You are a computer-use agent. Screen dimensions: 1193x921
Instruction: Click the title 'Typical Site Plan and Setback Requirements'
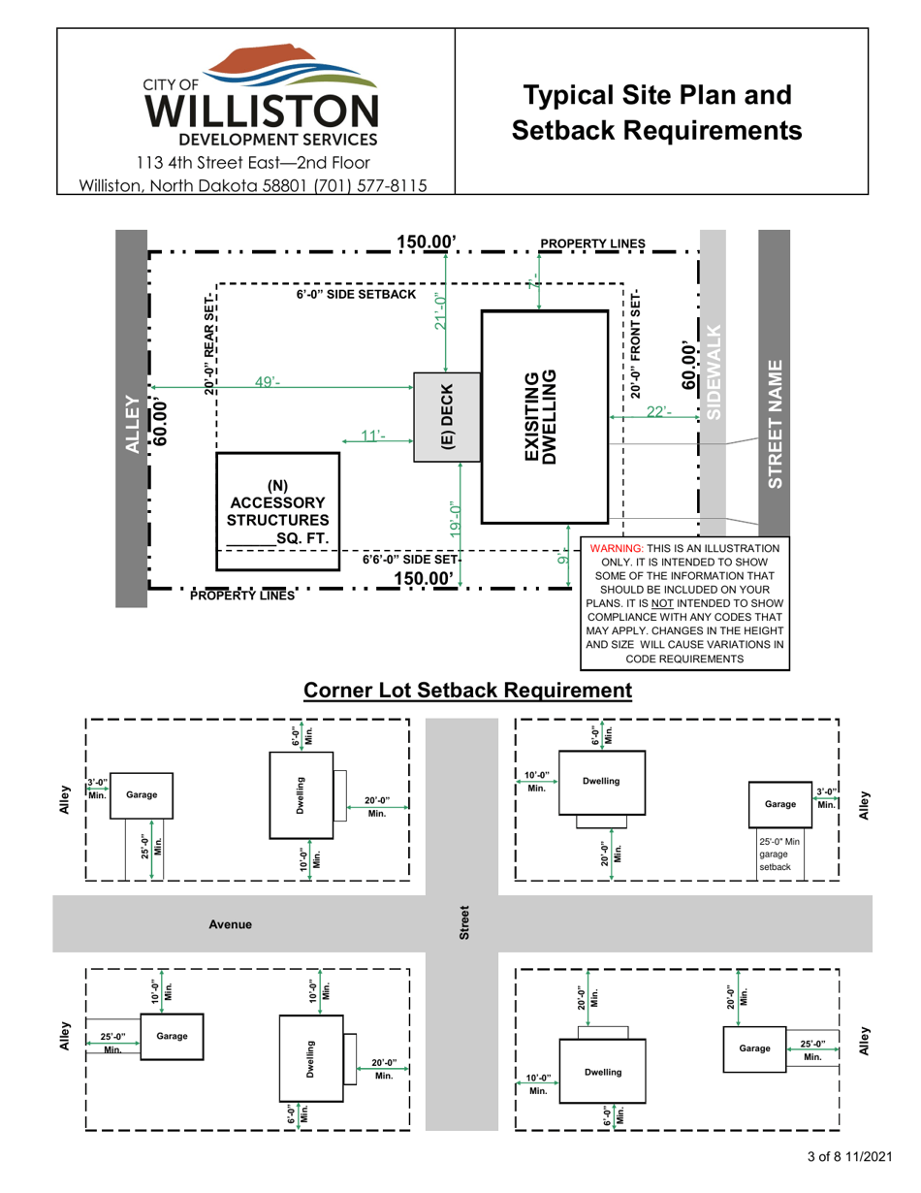[x=657, y=112]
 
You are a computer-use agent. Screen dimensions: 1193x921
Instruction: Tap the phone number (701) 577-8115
[x=369, y=185]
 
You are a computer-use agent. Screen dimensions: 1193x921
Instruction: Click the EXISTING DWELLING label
[x=540, y=417]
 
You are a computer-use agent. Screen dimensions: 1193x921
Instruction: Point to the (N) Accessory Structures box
[x=277, y=510]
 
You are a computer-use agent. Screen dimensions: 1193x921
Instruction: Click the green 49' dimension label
[x=268, y=382]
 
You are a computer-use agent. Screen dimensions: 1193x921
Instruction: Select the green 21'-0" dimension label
[x=442, y=312]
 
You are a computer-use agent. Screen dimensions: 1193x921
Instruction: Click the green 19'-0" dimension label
[x=456, y=519]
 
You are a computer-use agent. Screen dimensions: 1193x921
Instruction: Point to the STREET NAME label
[x=774, y=424]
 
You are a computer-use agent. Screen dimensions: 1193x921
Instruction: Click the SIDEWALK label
[x=714, y=371]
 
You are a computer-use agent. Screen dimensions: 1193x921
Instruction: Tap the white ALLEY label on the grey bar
[x=131, y=423]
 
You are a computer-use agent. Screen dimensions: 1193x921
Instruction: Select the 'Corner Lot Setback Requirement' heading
[x=467, y=690]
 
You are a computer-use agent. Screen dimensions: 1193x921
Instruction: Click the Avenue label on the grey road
[x=230, y=924]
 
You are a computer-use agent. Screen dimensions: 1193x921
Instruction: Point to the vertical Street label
[x=463, y=923]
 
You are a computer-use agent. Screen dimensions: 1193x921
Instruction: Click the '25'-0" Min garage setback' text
[x=781, y=854]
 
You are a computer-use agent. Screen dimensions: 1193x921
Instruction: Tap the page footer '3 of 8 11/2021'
[x=847, y=1157]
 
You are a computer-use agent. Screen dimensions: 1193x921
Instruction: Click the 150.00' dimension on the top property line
[x=427, y=242]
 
